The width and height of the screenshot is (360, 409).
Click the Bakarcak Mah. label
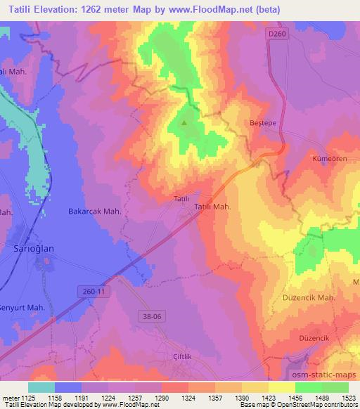pyautogui.click(x=94, y=211)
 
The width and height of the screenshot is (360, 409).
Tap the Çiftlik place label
pyautogui.click(x=183, y=356)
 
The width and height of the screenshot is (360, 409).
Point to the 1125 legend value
pyautogui.click(x=26, y=398)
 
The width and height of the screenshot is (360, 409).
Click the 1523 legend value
pyautogui.click(x=348, y=398)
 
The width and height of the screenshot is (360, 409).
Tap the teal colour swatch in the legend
pyautogui.click(x=41, y=387)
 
